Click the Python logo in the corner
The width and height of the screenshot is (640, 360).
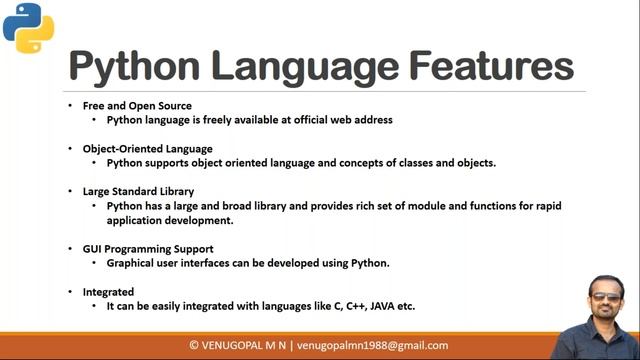(x=28, y=27)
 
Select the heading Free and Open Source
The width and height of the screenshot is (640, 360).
(x=137, y=105)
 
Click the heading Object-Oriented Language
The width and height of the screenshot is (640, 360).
(x=147, y=148)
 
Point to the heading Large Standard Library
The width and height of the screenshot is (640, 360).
(x=138, y=191)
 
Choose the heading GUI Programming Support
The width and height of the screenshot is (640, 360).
(x=148, y=248)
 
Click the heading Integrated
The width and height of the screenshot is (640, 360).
(x=108, y=291)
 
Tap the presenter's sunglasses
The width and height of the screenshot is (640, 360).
(x=603, y=296)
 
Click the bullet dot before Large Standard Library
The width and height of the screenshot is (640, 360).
(x=70, y=191)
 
